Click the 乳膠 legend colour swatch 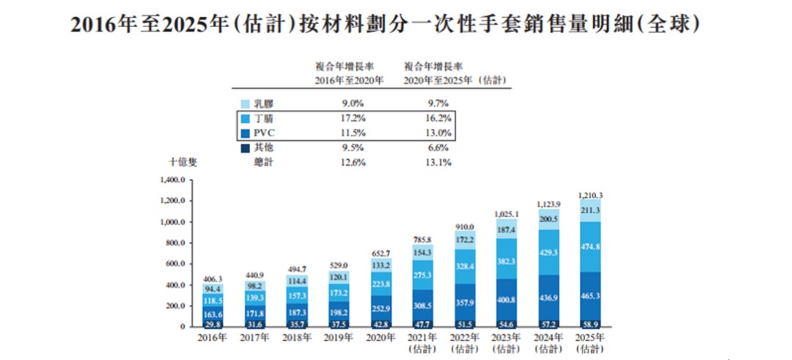245,104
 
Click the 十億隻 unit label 183,163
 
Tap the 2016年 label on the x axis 213,337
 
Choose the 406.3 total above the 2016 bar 213,278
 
